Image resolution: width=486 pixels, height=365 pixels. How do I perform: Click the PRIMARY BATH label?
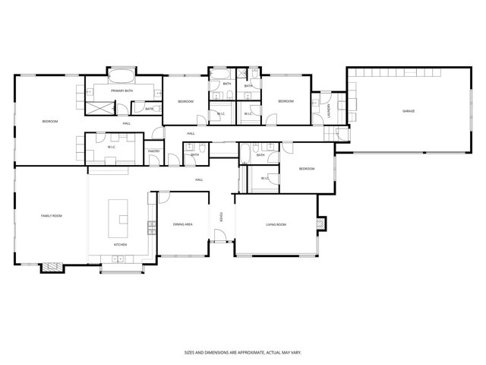(x=121, y=91)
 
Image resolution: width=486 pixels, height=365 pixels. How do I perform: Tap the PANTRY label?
(x=154, y=151)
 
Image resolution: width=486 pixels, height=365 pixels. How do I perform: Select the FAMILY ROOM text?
(x=51, y=216)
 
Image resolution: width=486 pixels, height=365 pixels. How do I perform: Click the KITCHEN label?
(x=120, y=245)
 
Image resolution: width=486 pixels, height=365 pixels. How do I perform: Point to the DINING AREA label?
(x=183, y=224)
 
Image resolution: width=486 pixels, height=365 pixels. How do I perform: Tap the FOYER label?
(x=221, y=217)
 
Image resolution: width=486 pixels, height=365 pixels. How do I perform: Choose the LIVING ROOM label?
(x=276, y=224)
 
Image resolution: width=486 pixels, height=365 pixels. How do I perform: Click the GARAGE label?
(x=409, y=112)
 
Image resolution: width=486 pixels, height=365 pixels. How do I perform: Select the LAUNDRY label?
(x=329, y=110)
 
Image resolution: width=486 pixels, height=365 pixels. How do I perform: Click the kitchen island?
(x=119, y=217)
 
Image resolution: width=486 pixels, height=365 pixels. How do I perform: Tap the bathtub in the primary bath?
(x=121, y=75)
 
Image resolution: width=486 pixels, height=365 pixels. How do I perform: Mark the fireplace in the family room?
(x=52, y=266)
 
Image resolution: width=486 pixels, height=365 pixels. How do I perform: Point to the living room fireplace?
(x=322, y=224)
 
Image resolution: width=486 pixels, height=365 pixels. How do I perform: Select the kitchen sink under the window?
(x=118, y=259)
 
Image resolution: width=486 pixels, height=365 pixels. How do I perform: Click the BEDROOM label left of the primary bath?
(x=49, y=122)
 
